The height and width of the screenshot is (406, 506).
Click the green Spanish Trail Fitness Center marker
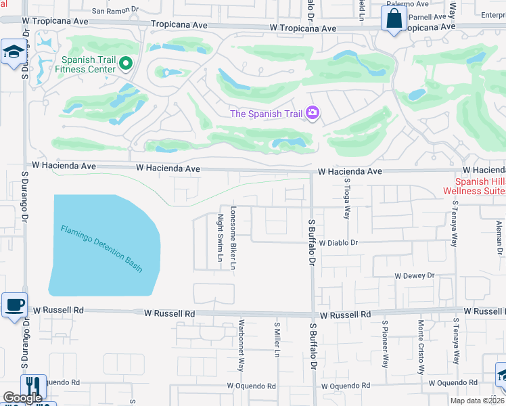pos(125,64)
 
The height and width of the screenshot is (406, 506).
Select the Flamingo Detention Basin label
pos(101,248)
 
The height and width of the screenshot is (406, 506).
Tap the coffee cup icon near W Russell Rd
pos(14,304)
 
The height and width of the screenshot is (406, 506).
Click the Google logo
pos(22,398)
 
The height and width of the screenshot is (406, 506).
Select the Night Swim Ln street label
pos(220,238)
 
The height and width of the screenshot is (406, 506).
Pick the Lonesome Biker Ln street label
pos(233,238)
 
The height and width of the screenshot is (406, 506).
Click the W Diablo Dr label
pos(338,242)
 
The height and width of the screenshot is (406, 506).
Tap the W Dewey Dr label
pos(414,276)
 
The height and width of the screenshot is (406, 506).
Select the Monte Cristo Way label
pos(420,348)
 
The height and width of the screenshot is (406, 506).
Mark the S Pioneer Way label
pos(385,344)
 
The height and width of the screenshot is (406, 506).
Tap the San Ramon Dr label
pos(114,11)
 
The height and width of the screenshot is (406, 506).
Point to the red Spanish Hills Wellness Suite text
pos(480,186)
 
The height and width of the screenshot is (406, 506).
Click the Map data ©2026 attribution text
pos(476,401)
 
